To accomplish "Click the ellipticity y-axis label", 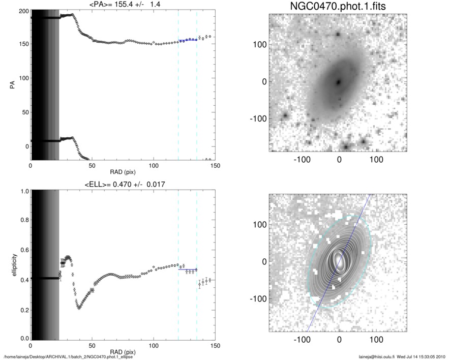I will pyautogui.click(x=11, y=264).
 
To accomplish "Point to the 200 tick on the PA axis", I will pyautogui.click(x=22, y=11).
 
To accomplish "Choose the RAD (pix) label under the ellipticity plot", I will pyautogui.click(x=122, y=352).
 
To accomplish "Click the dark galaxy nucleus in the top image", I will pyautogui.click(x=338, y=81).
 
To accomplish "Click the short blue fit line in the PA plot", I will pyautogui.click(x=187, y=40).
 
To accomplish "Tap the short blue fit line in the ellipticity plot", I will pyautogui.click(x=187, y=269).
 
